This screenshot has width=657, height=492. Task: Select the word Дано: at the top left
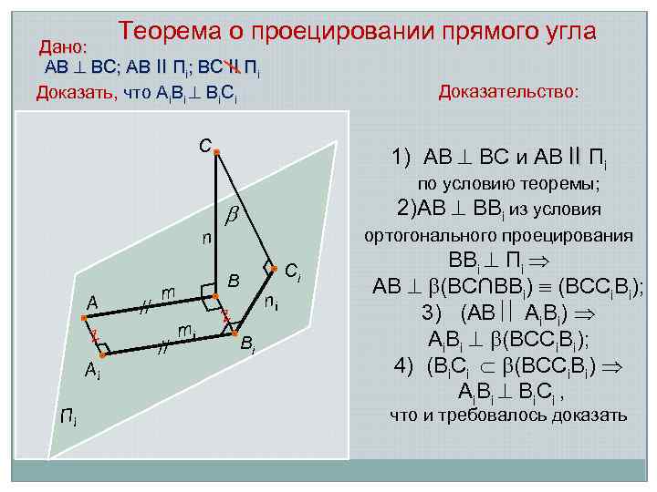(x=63, y=46)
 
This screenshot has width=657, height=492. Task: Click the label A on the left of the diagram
(x=92, y=302)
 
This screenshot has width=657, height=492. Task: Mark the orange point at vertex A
(x=83, y=317)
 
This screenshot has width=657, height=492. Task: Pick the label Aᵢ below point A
(x=92, y=369)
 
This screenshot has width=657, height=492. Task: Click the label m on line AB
(x=168, y=292)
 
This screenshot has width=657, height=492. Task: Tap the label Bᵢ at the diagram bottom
(x=247, y=343)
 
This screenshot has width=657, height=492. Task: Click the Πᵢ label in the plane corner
(x=68, y=418)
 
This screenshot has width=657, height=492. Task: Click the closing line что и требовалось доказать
(x=508, y=415)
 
